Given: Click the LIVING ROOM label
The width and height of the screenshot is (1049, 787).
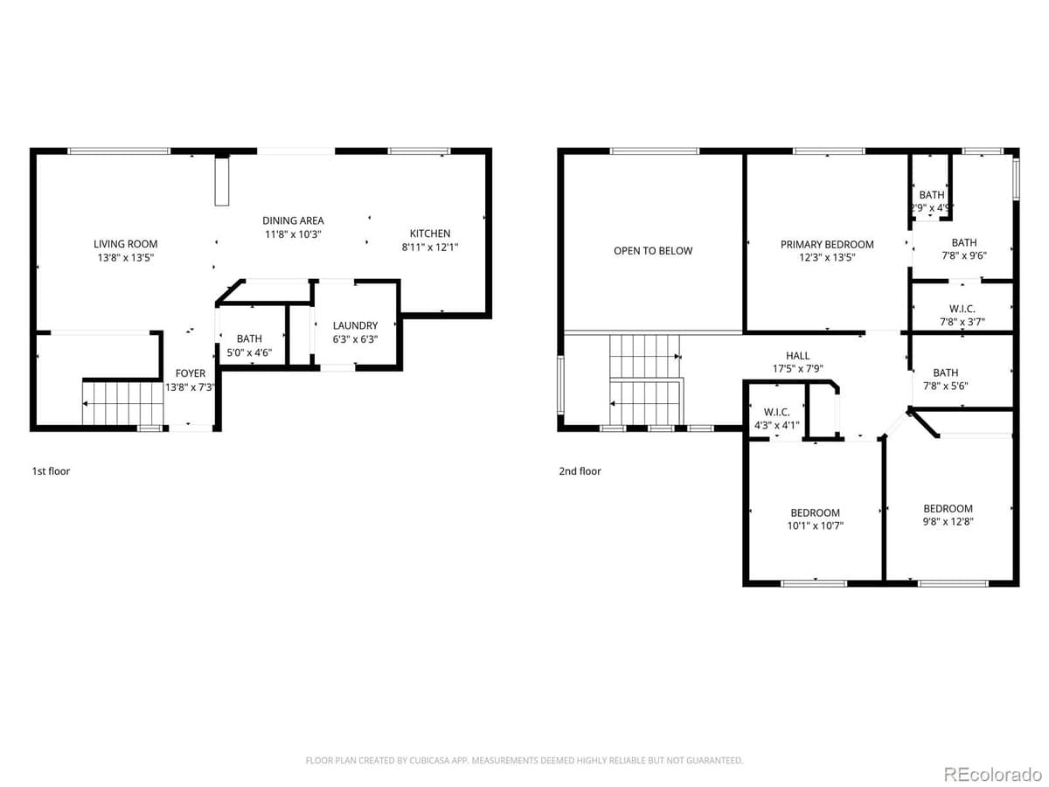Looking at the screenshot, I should click(126, 244).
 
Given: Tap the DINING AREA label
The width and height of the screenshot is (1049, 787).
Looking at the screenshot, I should click(293, 221).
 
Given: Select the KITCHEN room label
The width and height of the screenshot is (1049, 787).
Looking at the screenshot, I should click(430, 233).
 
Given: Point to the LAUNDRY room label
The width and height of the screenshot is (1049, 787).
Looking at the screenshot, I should click(355, 326).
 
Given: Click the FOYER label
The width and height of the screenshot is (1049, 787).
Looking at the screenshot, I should click(191, 373).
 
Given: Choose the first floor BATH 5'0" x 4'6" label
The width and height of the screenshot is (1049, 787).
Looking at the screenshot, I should click(249, 345).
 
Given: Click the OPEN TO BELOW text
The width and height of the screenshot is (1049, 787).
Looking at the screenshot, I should click(652, 251).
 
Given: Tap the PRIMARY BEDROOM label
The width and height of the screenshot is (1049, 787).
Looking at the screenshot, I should click(827, 245).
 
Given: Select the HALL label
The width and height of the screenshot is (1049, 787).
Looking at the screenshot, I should click(797, 356).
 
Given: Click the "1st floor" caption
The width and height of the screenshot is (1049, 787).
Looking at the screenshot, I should click(51, 471).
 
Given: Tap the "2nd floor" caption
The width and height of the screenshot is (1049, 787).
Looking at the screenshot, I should click(580, 471).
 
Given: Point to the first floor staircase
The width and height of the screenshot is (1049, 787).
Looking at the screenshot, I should click(123, 402).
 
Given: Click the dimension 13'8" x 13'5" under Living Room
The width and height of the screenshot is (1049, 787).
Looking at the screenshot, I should click(126, 258).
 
